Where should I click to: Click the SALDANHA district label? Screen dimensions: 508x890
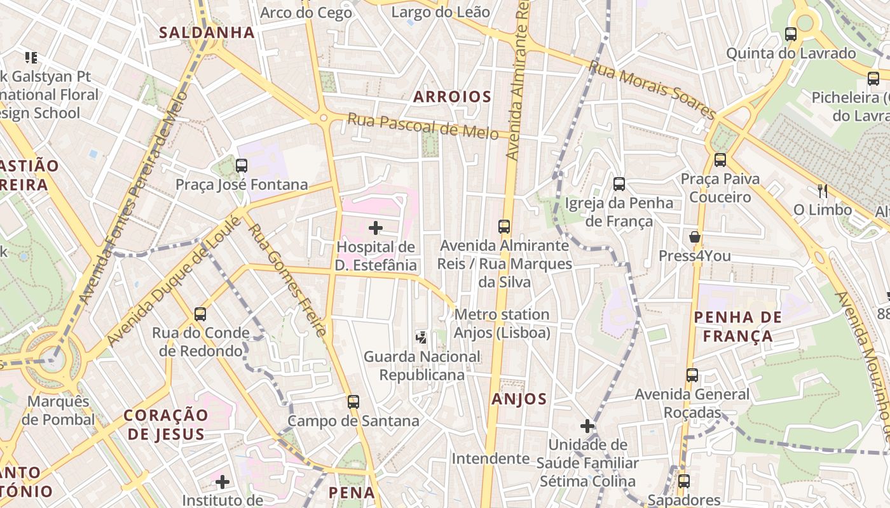207,32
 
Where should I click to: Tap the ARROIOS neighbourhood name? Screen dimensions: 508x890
452,97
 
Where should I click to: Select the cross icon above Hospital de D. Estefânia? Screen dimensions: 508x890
376,227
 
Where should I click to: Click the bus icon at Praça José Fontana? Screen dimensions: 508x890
242,166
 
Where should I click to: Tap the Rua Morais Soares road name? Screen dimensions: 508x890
652,89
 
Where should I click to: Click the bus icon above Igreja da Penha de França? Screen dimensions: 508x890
619,184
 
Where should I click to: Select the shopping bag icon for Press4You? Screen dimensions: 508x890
695,237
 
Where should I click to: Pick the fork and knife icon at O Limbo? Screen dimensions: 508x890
823,190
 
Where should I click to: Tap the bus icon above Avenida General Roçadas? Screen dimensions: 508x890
692,375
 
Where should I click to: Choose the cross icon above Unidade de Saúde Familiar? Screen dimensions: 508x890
587,425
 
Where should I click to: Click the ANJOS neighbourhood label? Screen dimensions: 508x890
519,399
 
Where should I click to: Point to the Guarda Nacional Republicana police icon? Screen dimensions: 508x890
420,337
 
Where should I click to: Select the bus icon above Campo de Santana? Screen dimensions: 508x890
353,401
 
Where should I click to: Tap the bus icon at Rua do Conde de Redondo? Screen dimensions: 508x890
200,314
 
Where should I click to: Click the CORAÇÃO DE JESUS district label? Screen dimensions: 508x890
165,424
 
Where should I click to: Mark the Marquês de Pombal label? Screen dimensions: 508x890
58,410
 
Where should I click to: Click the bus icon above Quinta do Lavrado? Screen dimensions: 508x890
791,34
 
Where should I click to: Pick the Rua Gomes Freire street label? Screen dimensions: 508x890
287,279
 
